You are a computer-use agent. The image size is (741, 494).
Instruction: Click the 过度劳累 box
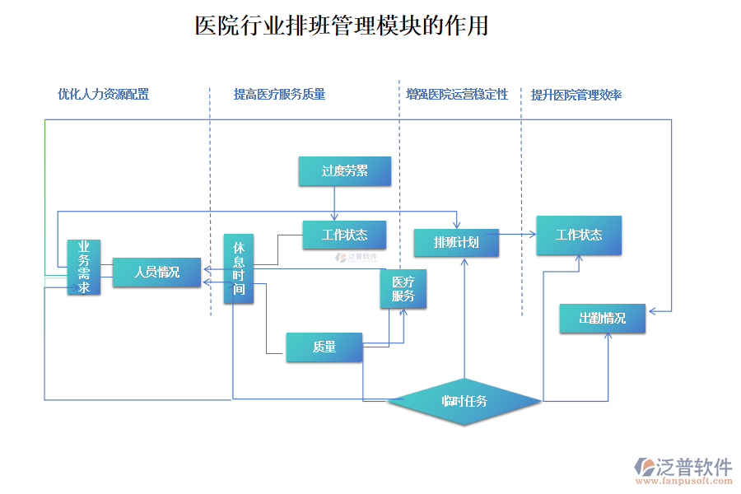tap(344, 170)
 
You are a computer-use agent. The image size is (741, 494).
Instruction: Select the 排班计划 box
tap(456, 242)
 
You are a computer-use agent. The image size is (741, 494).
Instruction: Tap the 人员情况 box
tap(156, 272)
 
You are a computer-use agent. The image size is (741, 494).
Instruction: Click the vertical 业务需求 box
tap(84, 267)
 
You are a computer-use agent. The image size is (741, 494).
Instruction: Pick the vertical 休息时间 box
tap(239, 268)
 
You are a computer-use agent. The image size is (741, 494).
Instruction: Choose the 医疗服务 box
tap(403, 289)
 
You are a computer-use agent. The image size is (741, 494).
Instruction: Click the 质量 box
tap(324, 347)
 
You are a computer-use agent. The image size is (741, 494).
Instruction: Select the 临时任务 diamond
tap(464, 401)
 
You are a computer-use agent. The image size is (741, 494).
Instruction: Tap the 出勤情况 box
tap(602, 318)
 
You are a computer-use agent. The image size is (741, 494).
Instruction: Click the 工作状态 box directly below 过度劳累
tap(344, 235)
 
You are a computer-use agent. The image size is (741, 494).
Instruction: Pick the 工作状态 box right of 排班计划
tap(579, 235)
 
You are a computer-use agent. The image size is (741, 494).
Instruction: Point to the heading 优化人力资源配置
tap(103, 95)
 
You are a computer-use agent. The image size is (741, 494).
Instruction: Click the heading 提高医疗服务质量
tap(279, 95)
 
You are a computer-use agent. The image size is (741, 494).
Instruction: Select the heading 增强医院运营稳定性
tap(457, 95)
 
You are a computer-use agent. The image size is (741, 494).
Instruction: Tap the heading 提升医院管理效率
tap(576, 95)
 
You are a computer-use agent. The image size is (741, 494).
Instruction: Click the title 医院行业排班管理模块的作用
tap(342, 26)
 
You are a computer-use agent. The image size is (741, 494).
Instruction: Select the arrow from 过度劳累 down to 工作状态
tap(335, 203)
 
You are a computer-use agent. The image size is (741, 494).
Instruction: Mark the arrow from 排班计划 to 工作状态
tap(518, 235)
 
